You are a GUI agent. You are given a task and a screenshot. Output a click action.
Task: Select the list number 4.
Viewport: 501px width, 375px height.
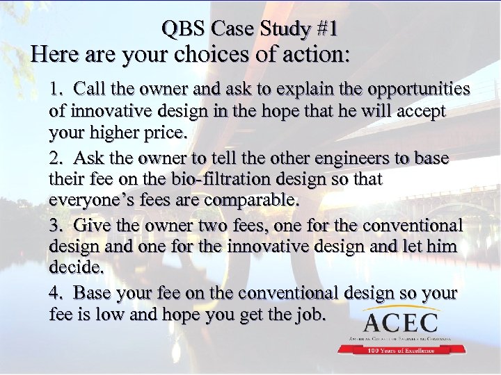[x=54, y=293]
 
